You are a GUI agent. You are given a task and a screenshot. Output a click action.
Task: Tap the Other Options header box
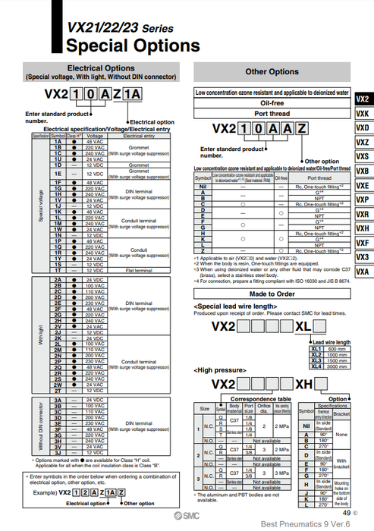272,72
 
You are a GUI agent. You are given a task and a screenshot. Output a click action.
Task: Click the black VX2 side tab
363,99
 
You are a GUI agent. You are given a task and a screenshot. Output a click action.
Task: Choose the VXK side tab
363,114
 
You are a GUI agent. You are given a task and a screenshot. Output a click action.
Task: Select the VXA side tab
363,272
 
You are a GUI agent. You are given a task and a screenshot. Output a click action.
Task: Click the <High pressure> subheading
220,369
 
